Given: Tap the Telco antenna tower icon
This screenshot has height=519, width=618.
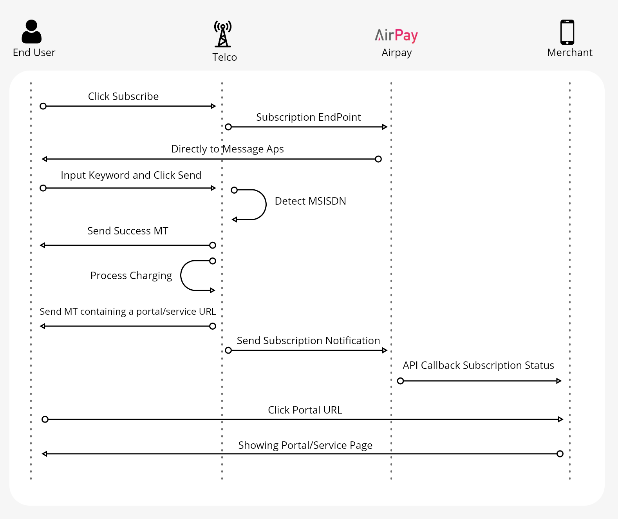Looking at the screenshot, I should [223, 34].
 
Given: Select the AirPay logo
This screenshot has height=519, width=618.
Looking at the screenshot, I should [396, 35].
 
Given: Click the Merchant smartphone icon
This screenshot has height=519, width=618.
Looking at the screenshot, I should [567, 32].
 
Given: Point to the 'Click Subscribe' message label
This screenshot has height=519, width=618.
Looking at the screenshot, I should [123, 96].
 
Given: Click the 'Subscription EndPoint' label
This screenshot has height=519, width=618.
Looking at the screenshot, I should [309, 117].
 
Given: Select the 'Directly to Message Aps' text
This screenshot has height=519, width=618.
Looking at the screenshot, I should [228, 149].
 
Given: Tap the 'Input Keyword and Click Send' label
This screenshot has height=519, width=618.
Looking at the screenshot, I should [131, 175].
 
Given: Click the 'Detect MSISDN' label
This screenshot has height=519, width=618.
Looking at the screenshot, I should [311, 201].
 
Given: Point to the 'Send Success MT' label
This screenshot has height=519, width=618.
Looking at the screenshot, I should [128, 231].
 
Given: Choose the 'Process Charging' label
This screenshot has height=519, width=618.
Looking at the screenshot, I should [131, 276].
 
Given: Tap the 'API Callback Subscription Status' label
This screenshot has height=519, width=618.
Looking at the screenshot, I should [479, 365].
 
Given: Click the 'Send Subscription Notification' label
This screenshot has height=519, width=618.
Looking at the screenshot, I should [308, 341].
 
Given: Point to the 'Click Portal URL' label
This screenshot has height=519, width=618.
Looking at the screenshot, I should [305, 410].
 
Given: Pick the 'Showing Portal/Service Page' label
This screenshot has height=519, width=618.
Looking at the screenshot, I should [305, 445].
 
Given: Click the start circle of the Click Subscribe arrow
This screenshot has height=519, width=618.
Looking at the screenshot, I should [43, 106].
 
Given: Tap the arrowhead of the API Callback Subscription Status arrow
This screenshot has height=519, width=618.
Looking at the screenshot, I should [559, 381].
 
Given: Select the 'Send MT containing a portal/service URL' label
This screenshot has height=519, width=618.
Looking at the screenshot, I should [128, 312].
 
